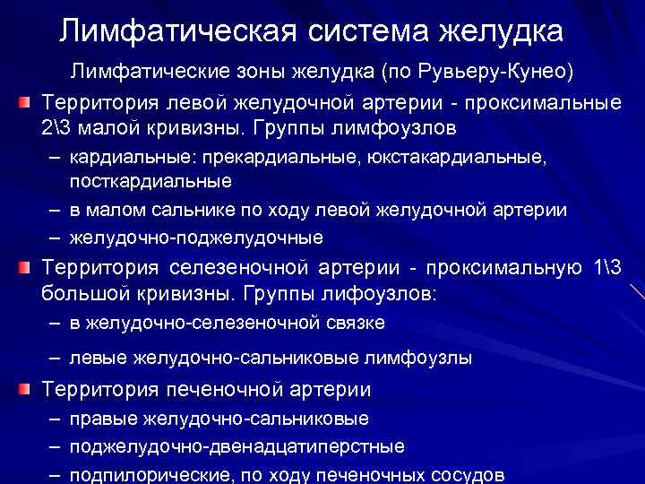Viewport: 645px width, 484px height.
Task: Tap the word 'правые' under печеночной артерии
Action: (x=105, y=419)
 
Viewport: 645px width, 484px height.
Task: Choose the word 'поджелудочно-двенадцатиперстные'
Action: (x=237, y=445)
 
